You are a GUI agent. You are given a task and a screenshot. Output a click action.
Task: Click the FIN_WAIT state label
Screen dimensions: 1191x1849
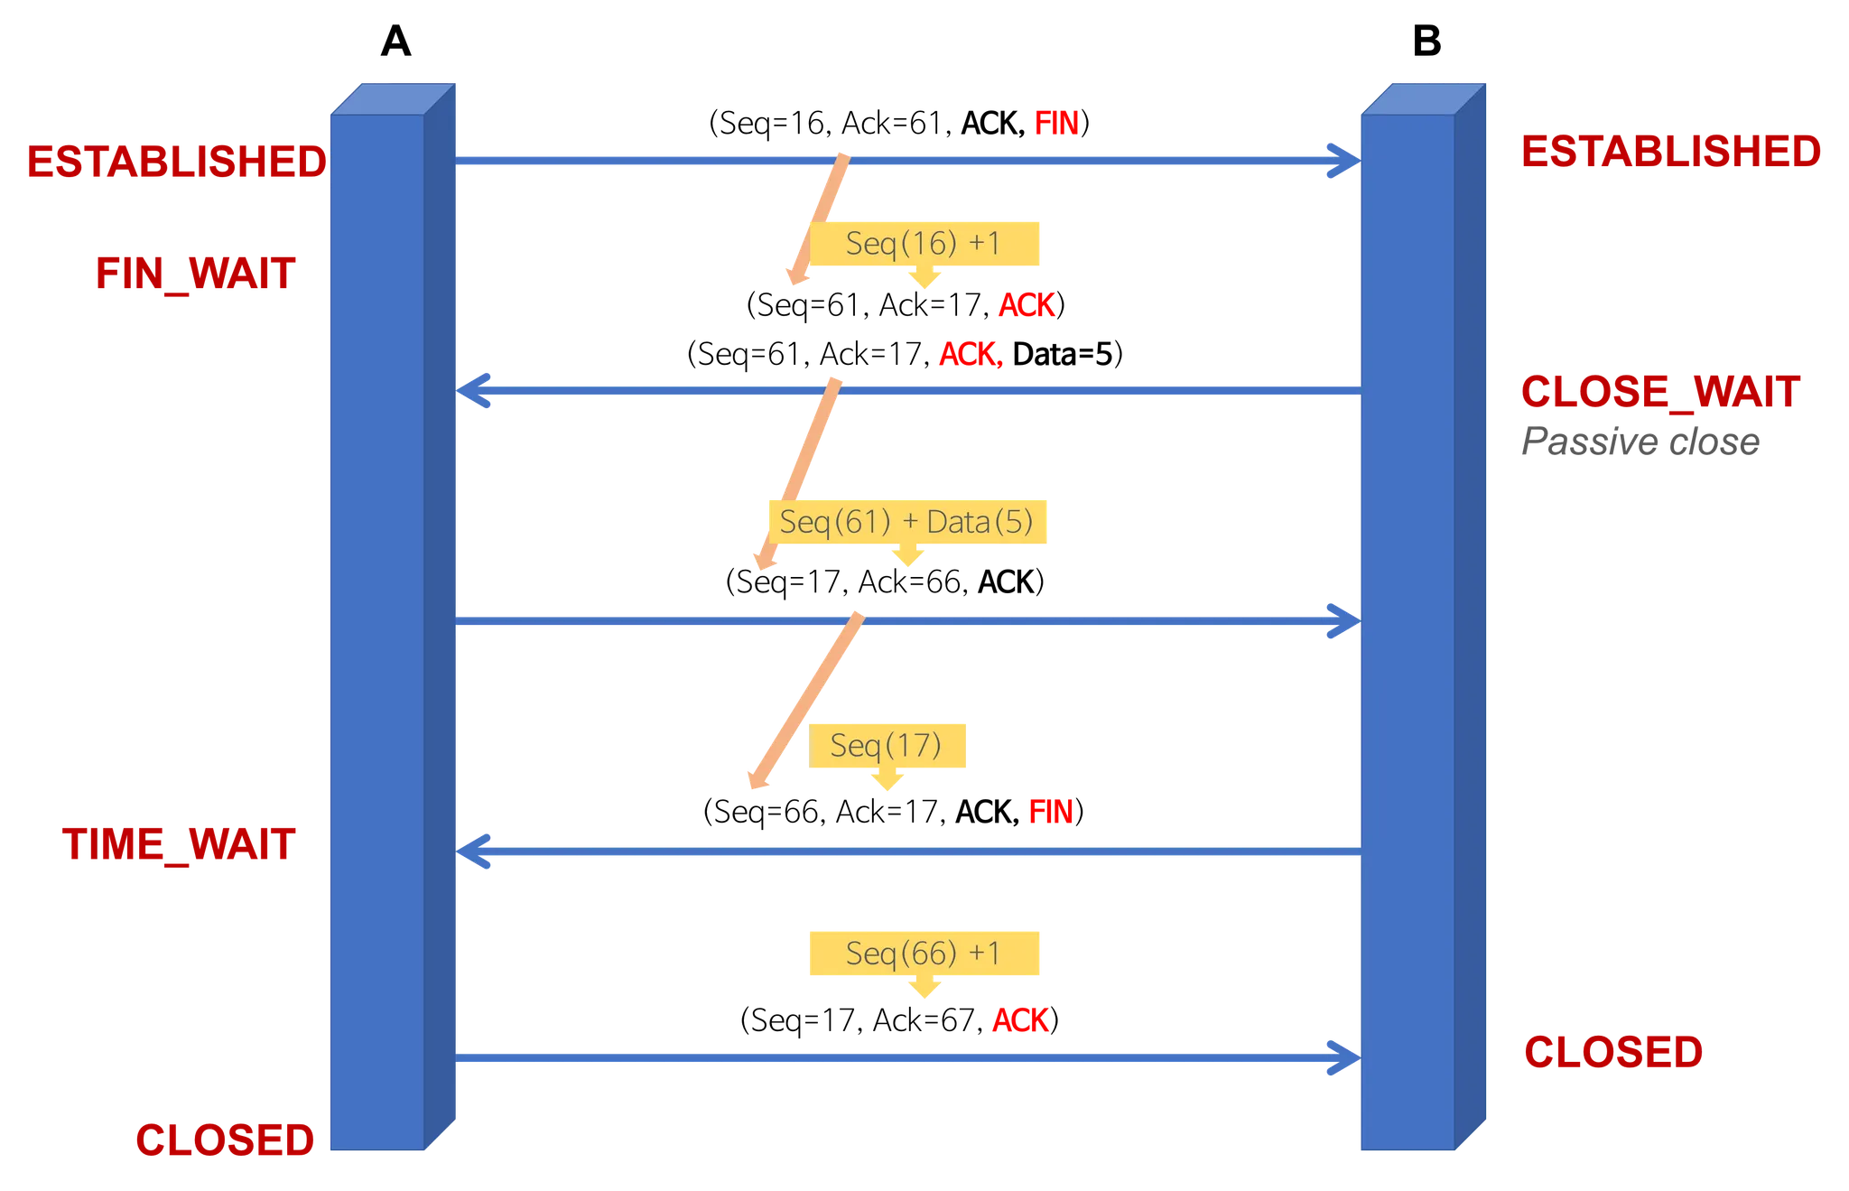195,274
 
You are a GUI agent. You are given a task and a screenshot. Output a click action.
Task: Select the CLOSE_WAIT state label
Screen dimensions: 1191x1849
1661,392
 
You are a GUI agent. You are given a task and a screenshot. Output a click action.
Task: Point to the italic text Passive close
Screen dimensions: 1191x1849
1640,443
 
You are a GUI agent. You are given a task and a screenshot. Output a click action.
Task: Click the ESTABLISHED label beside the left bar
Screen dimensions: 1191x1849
175,163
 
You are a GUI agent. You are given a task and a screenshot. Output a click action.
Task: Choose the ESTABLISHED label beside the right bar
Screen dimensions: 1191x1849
1670,152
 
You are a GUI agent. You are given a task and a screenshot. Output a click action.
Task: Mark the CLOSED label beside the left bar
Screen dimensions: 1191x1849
224,1140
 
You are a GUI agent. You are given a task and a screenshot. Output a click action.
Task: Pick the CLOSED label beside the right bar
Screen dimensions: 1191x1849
1612,1052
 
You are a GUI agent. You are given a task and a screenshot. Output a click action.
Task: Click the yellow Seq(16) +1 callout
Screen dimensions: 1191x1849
924,244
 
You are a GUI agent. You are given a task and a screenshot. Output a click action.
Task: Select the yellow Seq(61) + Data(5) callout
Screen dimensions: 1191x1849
906,522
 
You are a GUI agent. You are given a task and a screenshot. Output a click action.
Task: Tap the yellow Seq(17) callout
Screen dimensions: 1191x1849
887,745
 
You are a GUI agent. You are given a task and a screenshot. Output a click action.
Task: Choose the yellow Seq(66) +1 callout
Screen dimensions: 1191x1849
923,954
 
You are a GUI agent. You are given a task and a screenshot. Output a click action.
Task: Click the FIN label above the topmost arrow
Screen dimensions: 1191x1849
1055,124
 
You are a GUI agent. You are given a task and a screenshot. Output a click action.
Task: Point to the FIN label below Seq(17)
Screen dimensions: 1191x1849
1050,814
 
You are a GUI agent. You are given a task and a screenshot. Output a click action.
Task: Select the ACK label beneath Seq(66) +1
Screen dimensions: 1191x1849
1020,1022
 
